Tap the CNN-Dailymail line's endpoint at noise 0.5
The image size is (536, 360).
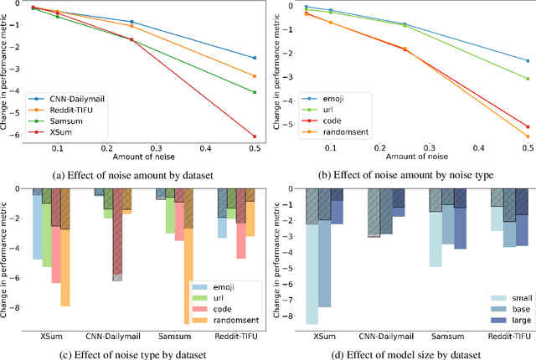pyautogui.click(x=254, y=58)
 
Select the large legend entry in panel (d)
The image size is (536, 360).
pyautogui.click(x=502, y=319)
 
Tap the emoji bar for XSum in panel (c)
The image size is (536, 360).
pyautogui.click(x=38, y=224)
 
